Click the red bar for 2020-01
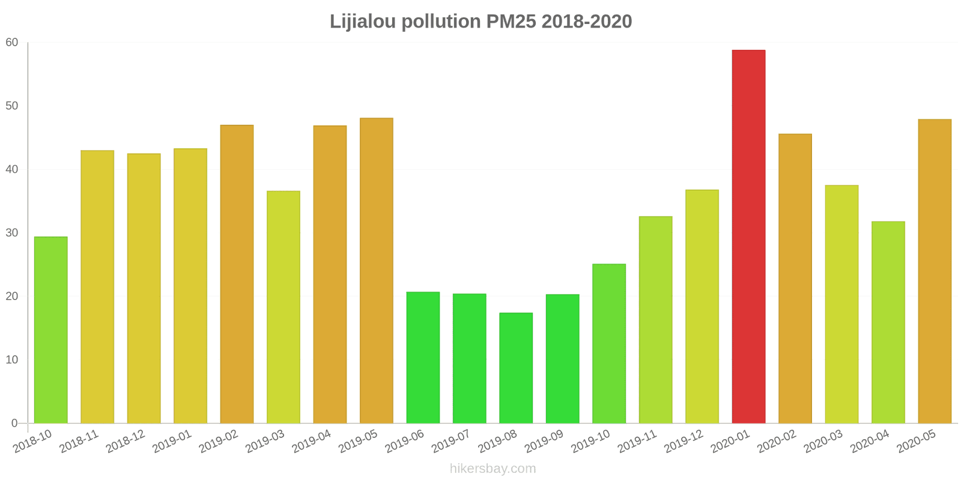click(x=748, y=236)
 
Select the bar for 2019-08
click(x=516, y=368)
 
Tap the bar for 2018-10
click(x=51, y=330)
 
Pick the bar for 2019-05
click(x=377, y=271)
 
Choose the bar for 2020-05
click(x=935, y=271)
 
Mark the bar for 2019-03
click(x=283, y=307)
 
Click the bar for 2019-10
click(x=609, y=343)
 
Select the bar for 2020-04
click(x=888, y=322)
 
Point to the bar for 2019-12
click(x=702, y=307)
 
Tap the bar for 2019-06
click(x=423, y=358)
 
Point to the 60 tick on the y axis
click(x=12, y=43)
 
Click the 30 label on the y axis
click(x=12, y=233)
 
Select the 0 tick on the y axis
click(x=14, y=423)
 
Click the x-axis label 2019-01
click(x=172, y=442)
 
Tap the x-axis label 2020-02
click(x=777, y=442)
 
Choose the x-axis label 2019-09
click(x=544, y=442)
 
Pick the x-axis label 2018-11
click(x=79, y=442)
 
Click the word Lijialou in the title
click(x=363, y=22)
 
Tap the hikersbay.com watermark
click(x=493, y=469)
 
